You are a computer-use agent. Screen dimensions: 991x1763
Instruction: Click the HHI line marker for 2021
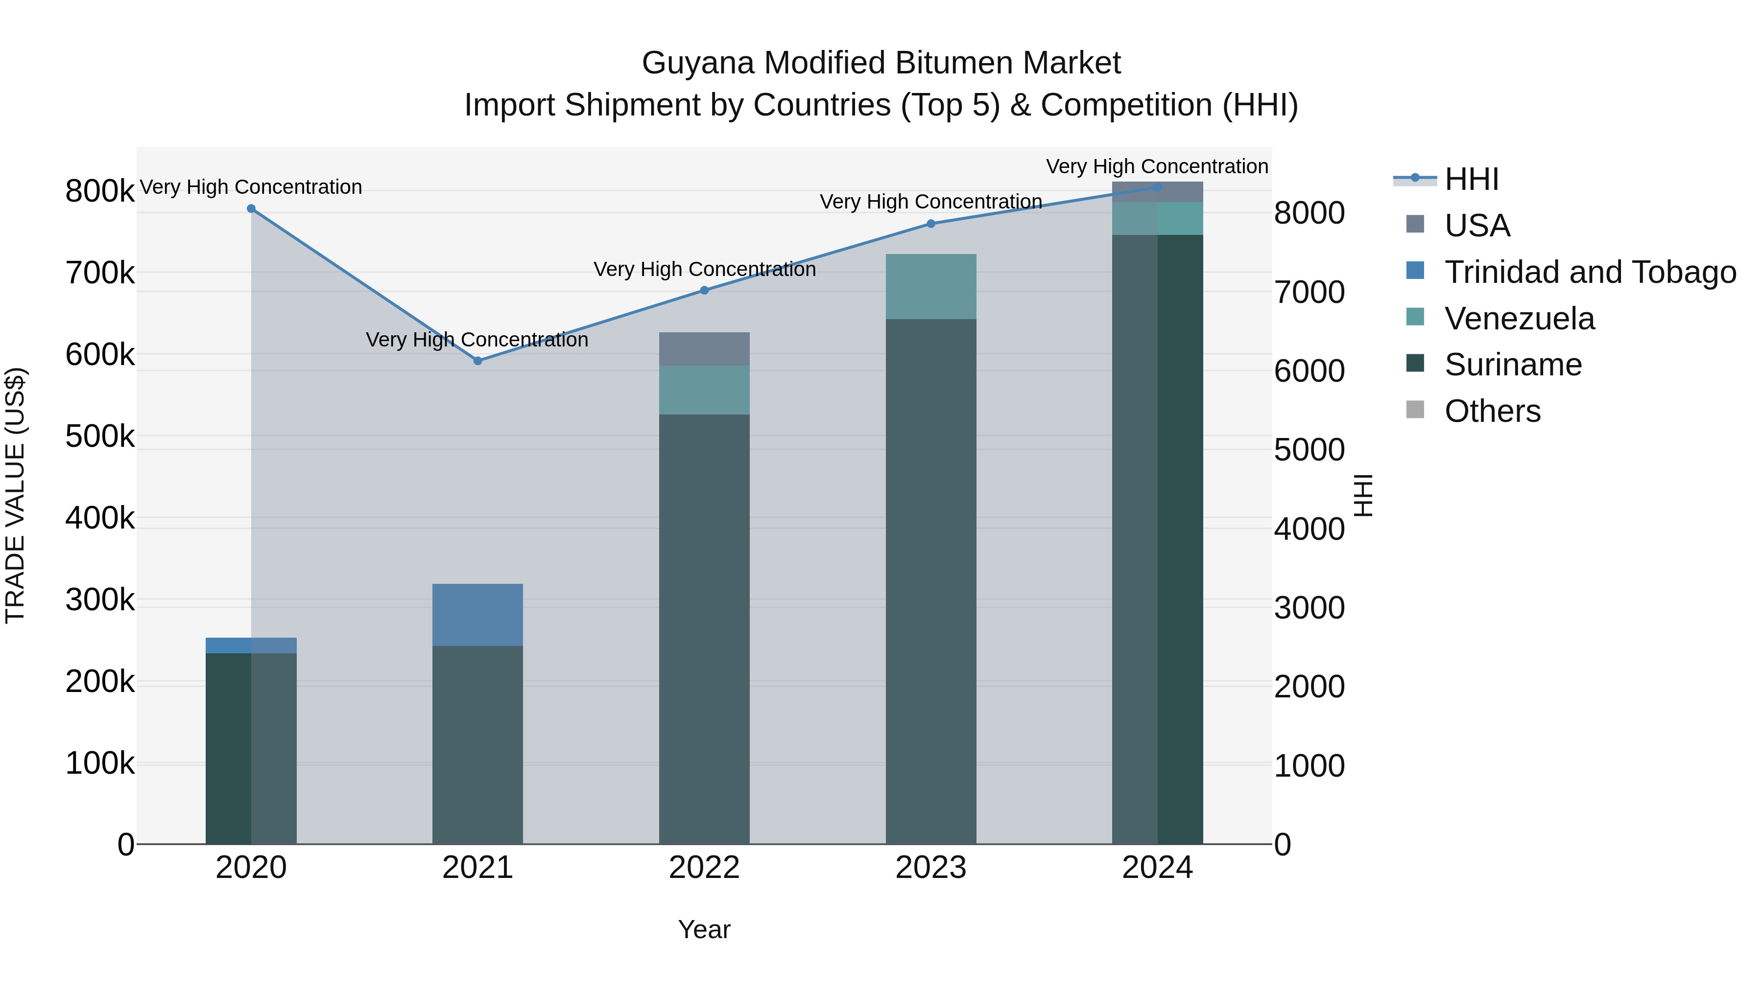tap(477, 360)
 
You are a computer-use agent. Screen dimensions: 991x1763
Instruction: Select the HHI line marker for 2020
tap(251, 208)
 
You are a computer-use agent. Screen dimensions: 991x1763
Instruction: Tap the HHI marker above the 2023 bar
tap(931, 224)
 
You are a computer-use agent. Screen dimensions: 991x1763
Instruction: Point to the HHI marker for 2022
tap(704, 290)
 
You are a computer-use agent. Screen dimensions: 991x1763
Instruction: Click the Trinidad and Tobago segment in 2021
tap(477, 614)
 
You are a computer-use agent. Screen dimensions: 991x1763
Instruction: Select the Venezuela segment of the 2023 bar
tap(931, 286)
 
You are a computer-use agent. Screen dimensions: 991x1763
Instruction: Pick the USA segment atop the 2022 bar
tap(704, 349)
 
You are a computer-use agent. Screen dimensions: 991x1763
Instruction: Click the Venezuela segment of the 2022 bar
tap(704, 390)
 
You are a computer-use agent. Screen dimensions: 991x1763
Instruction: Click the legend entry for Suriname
tap(1513, 365)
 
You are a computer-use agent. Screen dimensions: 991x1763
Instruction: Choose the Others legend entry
tap(1492, 411)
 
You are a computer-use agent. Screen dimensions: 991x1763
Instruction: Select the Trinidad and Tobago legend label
tap(1590, 272)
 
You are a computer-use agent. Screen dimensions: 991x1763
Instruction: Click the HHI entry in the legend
tap(1472, 179)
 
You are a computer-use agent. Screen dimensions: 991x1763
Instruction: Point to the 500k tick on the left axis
tap(100, 437)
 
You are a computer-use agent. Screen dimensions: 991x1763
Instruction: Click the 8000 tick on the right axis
tap(1309, 213)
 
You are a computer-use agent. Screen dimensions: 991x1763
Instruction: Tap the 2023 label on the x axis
tap(931, 868)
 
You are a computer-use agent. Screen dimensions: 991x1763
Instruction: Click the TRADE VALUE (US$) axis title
tap(16, 495)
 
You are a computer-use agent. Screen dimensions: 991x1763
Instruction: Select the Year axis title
tap(704, 929)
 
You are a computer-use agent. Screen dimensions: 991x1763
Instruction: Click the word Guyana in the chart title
tap(697, 63)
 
